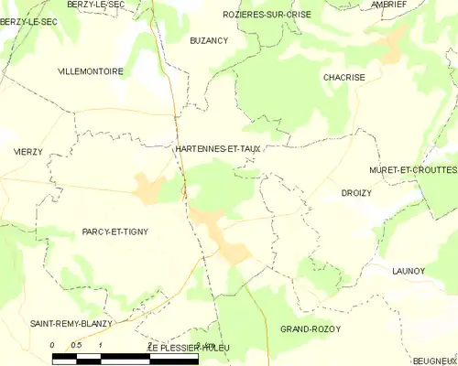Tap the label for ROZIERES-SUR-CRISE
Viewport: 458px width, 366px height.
[x=267, y=15]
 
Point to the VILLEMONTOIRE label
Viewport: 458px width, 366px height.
[x=90, y=70]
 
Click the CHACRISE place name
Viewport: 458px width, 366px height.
[x=344, y=78]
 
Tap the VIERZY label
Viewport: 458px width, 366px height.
[x=27, y=151]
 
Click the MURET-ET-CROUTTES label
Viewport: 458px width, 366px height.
[x=413, y=170]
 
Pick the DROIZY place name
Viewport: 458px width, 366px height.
[x=355, y=194]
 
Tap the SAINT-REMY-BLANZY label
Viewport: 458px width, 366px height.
[x=71, y=324]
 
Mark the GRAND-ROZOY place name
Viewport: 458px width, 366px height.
[x=311, y=328]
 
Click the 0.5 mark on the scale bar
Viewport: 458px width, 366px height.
[x=78, y=345]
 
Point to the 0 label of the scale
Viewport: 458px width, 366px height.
[x=52, y=345]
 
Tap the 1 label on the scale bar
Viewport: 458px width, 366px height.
[x=100, y=345]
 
